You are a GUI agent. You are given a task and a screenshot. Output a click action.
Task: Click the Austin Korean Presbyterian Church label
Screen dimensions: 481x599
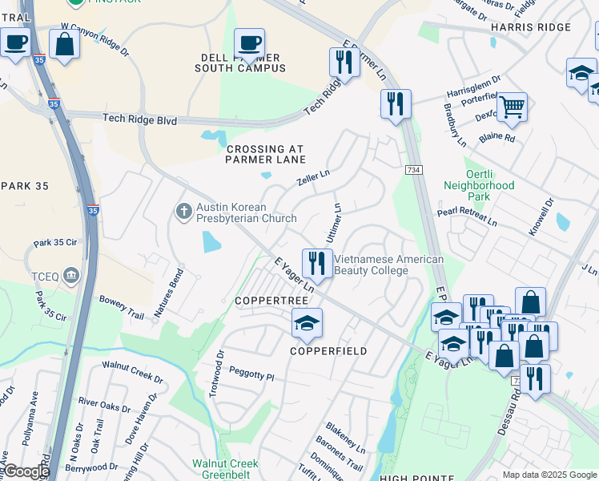click(247, 212)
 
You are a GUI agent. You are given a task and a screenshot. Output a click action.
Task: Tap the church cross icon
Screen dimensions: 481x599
click(183, 212)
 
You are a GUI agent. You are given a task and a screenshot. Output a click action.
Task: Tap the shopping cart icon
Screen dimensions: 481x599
click(512, 105)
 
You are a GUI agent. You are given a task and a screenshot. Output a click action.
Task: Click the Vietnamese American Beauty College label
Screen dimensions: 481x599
click(388, 265)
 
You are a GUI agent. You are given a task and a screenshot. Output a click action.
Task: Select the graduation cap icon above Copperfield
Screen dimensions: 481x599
click(307, 323)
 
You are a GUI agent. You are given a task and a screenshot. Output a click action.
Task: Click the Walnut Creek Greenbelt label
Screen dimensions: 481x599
click(225, 469)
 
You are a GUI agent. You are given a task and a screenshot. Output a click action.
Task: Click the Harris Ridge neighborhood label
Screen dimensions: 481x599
click(531, 27)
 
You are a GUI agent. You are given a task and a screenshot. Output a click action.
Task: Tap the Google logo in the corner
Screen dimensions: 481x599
click(26, 471)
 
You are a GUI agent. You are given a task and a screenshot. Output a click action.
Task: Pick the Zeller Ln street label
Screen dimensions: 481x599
click(314, 177)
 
